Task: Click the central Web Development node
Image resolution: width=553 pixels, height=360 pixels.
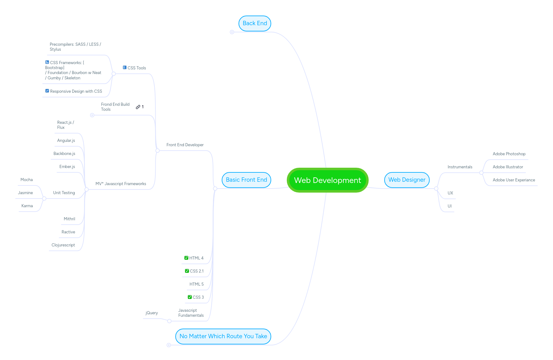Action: [x=328, y=180]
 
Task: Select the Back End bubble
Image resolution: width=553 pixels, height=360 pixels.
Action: [x=255, y=23]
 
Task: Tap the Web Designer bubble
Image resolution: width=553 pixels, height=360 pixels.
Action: [x=407, y=180]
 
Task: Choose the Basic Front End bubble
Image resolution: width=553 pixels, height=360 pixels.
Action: [x=246, y=180]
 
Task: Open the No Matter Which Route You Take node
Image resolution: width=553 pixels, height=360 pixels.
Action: [x=223, y=336]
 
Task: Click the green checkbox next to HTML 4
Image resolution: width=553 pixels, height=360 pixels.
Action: [x=186, y=258]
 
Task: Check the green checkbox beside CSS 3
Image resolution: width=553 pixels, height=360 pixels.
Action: [x=190, y=297]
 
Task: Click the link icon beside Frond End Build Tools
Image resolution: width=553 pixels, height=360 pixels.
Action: [x=138, y=107]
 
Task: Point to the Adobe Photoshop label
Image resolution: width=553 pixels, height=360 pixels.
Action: [x=509, y=154]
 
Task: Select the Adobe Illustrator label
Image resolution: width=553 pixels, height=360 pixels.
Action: [x=508, y=167]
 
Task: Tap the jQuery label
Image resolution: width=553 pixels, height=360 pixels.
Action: [x=152, y=313]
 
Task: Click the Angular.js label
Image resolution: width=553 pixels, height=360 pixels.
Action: [x=66, y=141]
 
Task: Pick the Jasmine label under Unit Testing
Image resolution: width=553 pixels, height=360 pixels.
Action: [x=25, y=193]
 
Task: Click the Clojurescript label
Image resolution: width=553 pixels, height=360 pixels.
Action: [x=63, y=245]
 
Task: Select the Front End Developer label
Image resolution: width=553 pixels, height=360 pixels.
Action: [x=185, y=145]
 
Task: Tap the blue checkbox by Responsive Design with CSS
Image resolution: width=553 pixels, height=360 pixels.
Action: [x=47, y=91]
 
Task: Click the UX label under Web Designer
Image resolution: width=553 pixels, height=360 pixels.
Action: [x=450, y=193]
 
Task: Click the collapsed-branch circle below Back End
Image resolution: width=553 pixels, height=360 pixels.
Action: [x=232, y=32]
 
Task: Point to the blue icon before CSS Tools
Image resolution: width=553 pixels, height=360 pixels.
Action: [x=125, y=68]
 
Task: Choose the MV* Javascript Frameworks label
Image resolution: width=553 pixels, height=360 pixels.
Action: [x=121, y=184]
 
